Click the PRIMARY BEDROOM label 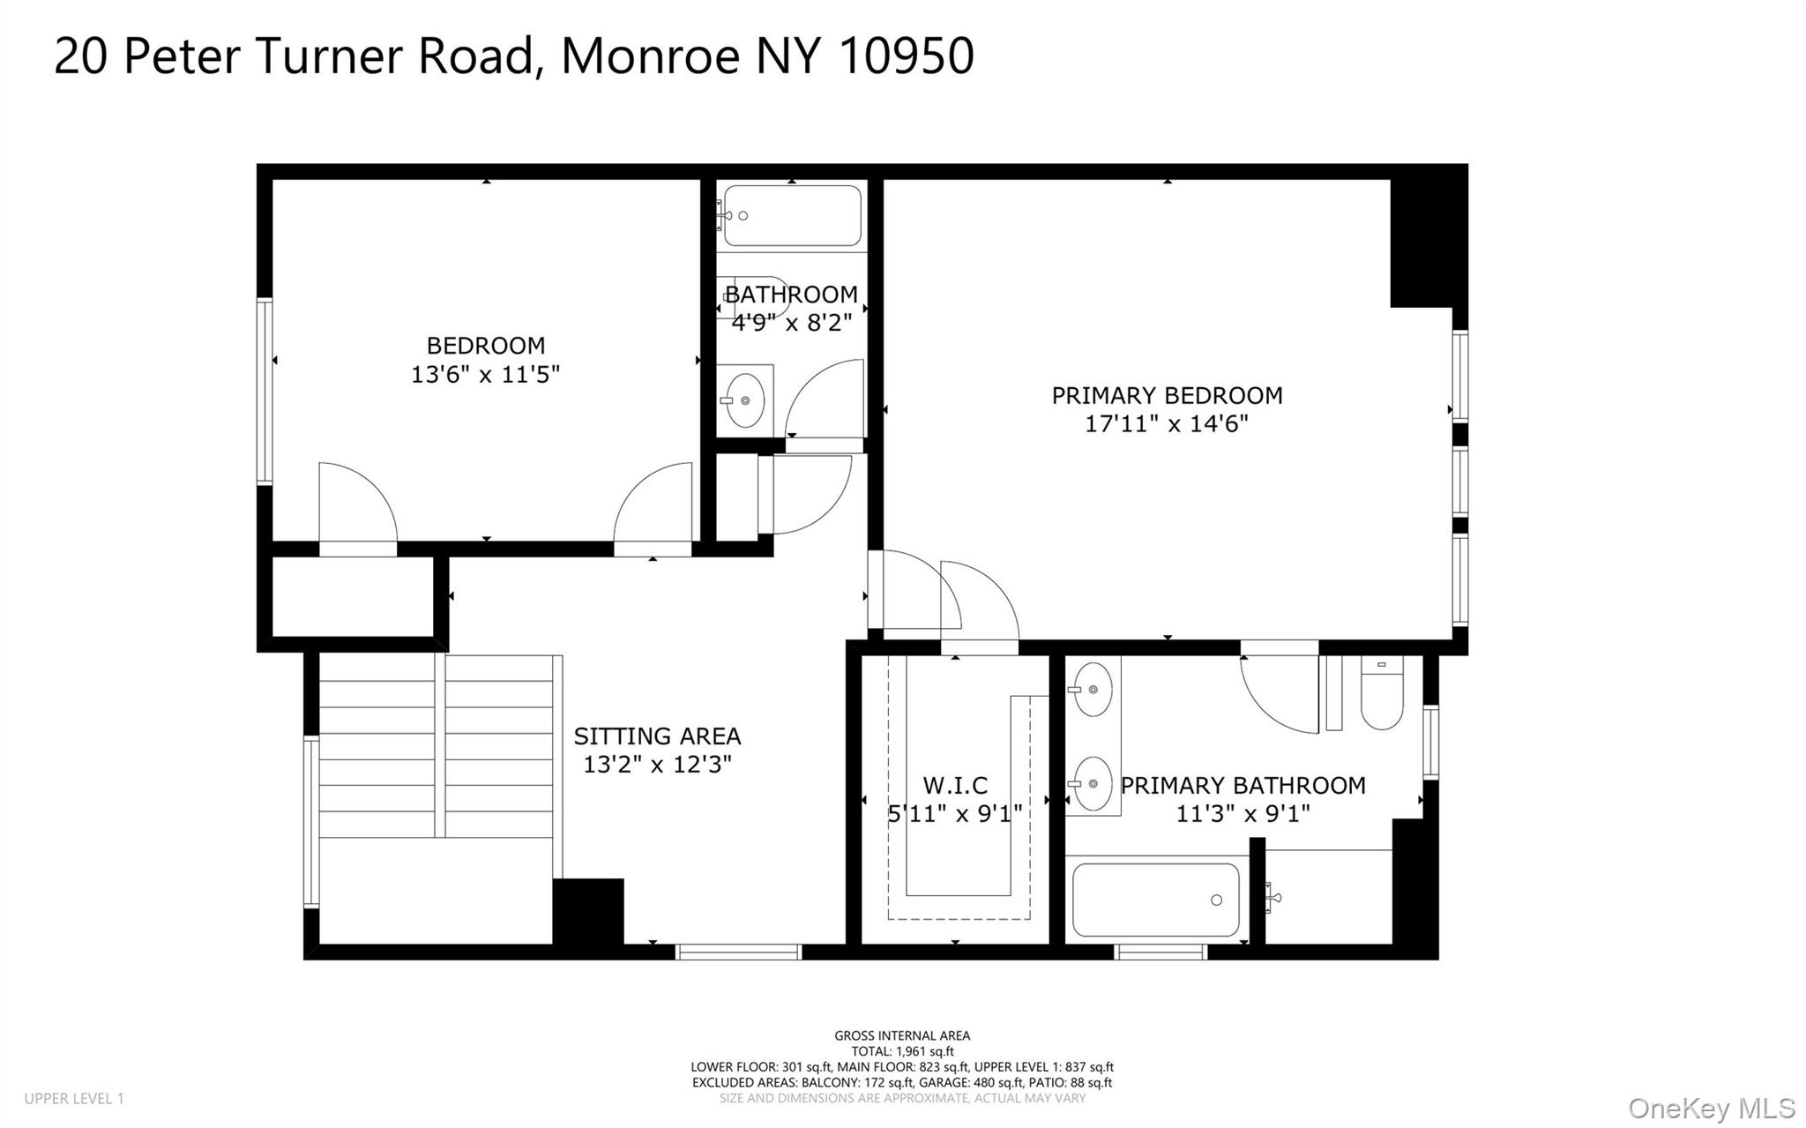click(x=1167, y=395)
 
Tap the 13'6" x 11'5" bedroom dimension click(x=485, y=374)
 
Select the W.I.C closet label click(x=955, y=785)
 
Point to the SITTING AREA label click(x=657, y=736)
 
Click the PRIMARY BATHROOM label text click(x=1243, y=785)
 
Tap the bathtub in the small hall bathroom click(x=792, y=215)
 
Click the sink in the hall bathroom click(x=746, y=400)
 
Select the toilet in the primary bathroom click(x=1382, y=693)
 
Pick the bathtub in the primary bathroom click(x=1155, y=900)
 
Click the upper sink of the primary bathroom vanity click(x=1093, y=689)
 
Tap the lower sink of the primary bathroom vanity click(x=1093, y=783)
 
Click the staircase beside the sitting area click(x=437, y=745)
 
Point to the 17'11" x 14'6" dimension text click(x=1167, y=423)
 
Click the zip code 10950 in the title click(x=906, y=55)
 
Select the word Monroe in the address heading click(x=651, y=55)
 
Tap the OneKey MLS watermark click(x=1712, y=1108)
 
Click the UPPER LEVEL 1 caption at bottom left click(x=74, y=1099)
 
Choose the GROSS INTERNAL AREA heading click(x=902, y=1036)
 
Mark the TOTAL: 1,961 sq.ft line click(x=902, y=1051)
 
